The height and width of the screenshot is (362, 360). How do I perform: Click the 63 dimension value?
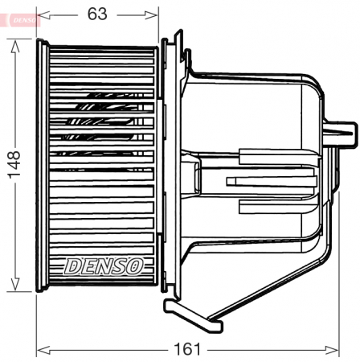[97, 14]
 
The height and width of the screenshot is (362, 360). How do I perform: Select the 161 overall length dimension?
[186, 349]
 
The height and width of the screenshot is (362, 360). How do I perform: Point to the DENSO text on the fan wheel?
[104, 264]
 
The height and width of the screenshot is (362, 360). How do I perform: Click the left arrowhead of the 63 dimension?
[43, 14]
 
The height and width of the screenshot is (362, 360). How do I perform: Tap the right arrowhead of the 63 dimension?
[154, 14]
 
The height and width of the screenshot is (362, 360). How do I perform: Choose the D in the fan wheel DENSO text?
[71, 264]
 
